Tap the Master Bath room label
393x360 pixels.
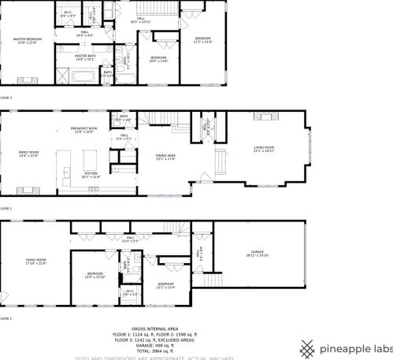click(x=85, y=57)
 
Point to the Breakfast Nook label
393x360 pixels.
click(x=83, y=130)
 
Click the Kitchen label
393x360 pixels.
click(x=91, y=175)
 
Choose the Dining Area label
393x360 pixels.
click(x=165, y=158)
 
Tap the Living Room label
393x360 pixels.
click(x=264, y=149)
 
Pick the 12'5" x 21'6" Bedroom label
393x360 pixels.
click(x=202, y=40)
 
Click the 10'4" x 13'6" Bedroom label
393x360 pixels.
click(x=159, y=60)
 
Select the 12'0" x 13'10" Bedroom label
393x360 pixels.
click(x=95, y=276)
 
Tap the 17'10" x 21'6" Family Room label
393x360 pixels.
click(x=36, y=262)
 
